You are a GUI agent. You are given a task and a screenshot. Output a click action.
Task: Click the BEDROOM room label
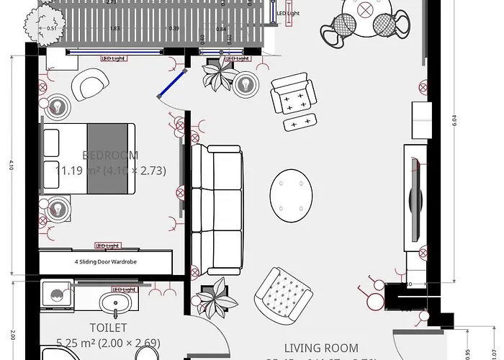click(110, 155)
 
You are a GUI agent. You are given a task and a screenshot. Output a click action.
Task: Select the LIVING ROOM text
click(321, 348)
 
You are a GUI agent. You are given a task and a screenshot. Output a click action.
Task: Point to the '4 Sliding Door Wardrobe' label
click(105, 262)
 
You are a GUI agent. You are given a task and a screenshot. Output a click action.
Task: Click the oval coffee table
click(292, 192)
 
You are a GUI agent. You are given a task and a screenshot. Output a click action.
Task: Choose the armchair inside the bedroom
click(90, 85)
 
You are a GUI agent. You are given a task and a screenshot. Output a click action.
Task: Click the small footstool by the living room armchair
click(300, 122)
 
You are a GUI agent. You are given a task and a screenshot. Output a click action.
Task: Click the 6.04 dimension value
click(454, 122)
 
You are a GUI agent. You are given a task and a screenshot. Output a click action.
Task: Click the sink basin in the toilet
click(114, 302)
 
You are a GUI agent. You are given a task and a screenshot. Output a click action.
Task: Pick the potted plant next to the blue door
click(218, 76)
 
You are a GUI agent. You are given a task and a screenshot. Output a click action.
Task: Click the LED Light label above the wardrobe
click(107, 246)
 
